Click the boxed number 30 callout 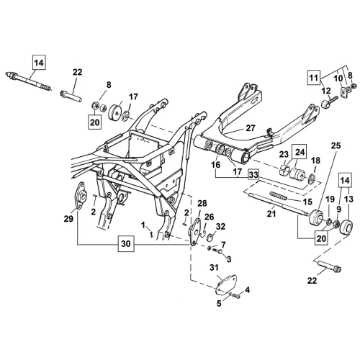tap(126, 243)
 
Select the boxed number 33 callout tap(253, 174)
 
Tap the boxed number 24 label tap(299, 152)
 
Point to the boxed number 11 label tap(314, 78)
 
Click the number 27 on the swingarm tap(251, 128)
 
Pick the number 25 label tap(336, 145)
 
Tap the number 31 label tap(215, 267)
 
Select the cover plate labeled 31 tap(226, 284)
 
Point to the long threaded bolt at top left tap(29, 81)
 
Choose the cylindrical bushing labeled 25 tap(316, 217)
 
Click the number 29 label tap(68, 219)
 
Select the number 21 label tap(271, 213)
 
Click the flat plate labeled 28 tap(195, 231)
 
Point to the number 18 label tap(316, 161)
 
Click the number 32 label tap(220, 226)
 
